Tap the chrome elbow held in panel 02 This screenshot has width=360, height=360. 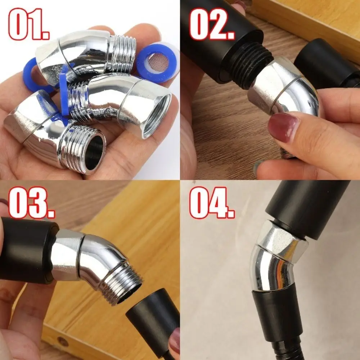(x=284, y=90)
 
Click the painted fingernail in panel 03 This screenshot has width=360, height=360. (x=175, y=342)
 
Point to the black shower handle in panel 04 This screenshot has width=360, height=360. (x=306, y=209)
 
